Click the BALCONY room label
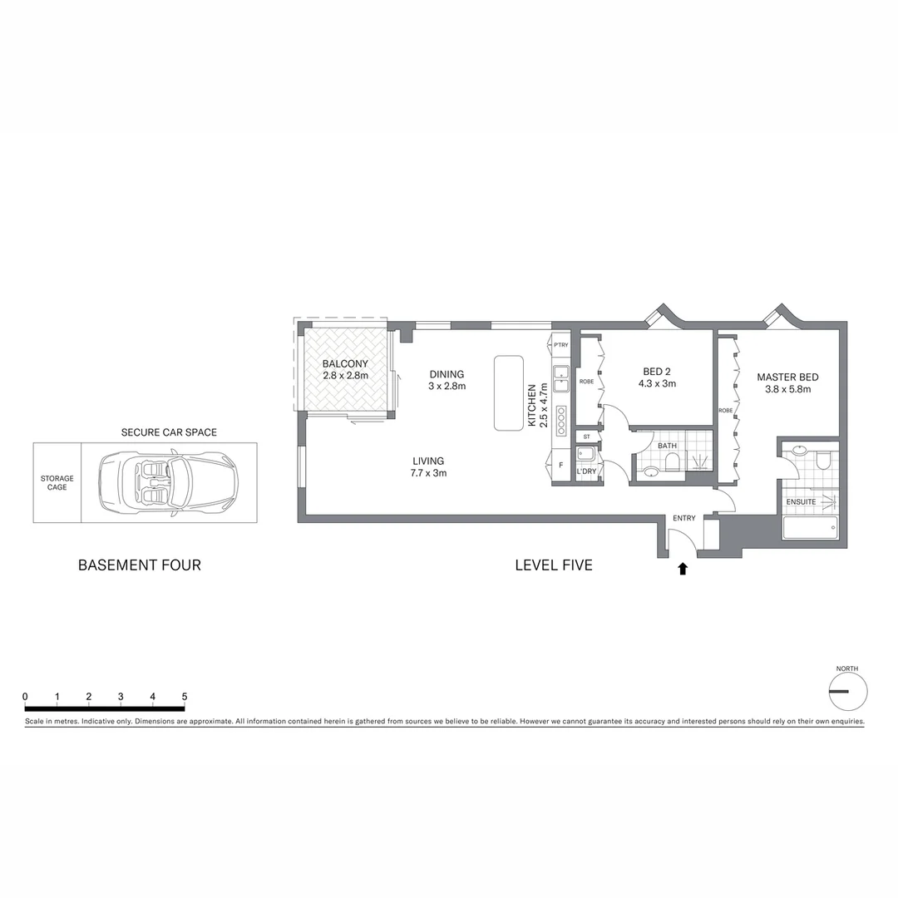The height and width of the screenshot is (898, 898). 345,364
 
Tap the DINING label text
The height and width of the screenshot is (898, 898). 447,374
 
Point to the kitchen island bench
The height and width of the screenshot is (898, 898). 508,392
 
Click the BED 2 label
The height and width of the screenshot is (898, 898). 657,372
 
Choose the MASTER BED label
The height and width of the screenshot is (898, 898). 787,377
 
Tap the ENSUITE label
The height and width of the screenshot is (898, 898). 802,501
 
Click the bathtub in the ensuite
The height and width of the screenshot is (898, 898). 811,528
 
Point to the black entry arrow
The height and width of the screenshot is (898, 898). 683,569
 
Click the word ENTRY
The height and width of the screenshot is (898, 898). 683,519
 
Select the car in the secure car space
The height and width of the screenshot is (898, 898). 168,481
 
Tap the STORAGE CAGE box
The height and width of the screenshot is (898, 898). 57,482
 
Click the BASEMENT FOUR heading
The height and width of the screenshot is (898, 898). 140,565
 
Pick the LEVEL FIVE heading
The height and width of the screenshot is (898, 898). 554,565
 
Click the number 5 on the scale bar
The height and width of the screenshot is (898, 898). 185,697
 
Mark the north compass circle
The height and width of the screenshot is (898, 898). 848,691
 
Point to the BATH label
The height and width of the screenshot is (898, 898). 667,446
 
